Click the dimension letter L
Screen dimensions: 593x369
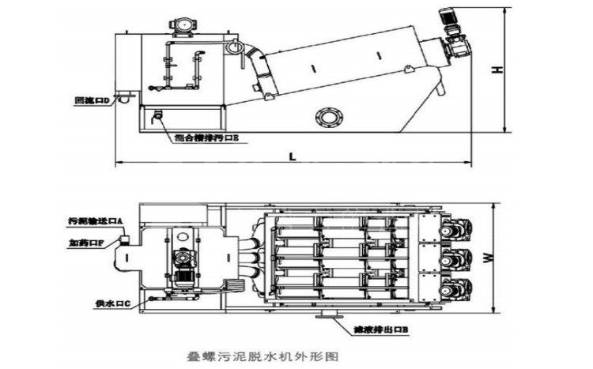tap(292, 156)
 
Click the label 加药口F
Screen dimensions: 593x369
tap(85, 243)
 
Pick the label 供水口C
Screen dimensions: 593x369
tap(110, 303)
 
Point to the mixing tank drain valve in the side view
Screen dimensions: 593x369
tap(158, 115)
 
